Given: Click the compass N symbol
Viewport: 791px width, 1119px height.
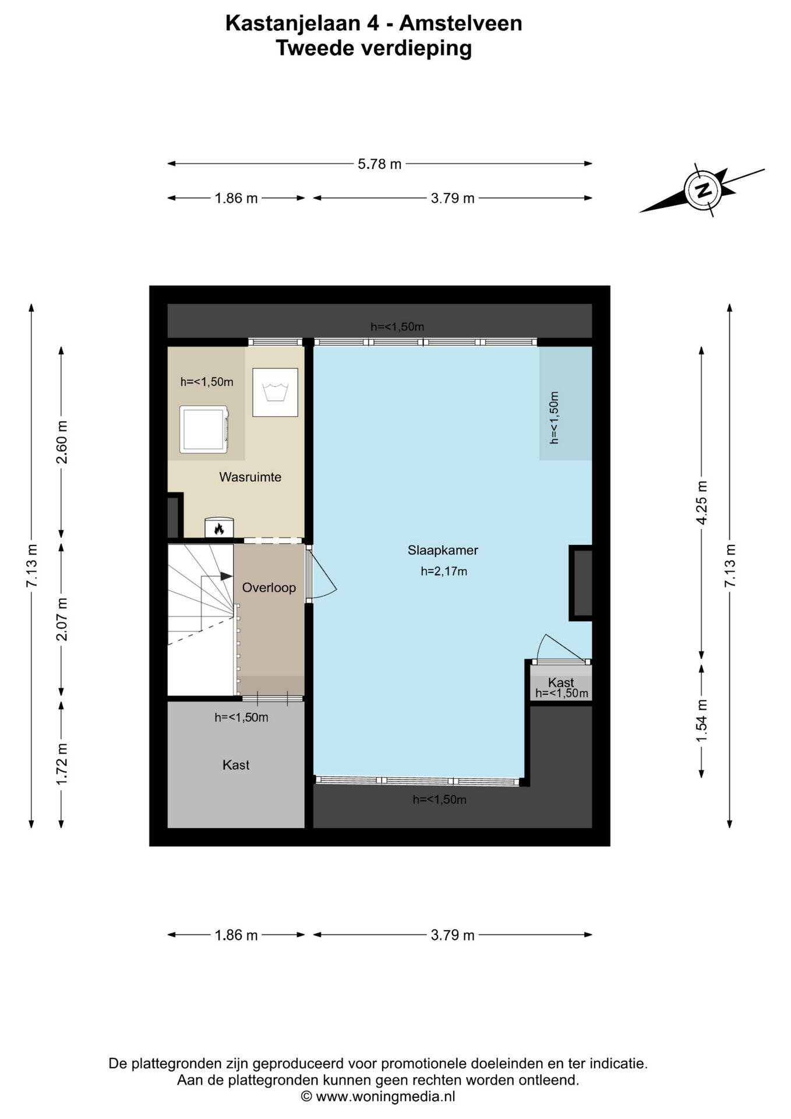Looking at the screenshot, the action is tap(704, 189).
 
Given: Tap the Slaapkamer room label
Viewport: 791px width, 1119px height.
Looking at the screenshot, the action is tap(443, 550).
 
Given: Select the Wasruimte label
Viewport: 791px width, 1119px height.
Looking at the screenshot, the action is tap(250, 477).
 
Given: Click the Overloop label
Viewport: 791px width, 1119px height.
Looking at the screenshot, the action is tap(269, 587).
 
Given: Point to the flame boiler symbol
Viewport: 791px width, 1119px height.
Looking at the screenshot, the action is tap(219, 527).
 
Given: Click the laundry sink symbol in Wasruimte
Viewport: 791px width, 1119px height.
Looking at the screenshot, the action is tap(275, 392).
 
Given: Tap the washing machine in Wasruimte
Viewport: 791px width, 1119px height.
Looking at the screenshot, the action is tap(204, 430).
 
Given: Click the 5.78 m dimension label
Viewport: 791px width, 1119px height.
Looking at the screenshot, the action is tap(380, 164).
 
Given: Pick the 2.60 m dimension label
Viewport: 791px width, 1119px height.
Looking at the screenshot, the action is tap(62, 442).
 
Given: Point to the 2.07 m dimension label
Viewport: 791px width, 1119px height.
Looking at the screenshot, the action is tap(62, 619).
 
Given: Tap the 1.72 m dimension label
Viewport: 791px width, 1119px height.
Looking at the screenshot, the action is tap(62, 763).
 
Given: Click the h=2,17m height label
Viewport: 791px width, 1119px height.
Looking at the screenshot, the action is tap(444, 572).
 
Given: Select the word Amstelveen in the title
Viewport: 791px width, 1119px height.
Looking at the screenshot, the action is tap(461, 23).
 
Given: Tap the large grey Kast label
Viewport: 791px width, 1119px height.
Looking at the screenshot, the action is tap(236, 765).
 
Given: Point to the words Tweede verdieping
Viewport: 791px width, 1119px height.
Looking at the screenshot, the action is tap(373, 48).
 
